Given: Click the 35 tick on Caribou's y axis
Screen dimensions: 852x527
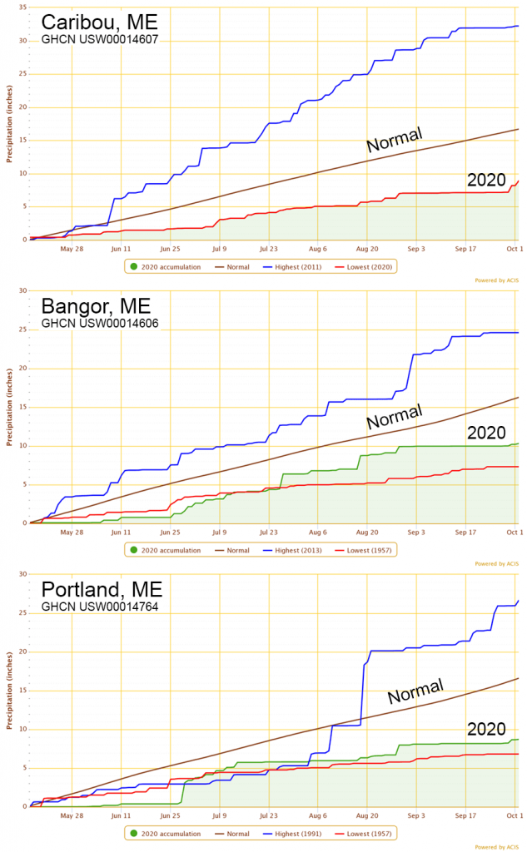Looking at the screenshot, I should pyautogui.click(x=22, y=7).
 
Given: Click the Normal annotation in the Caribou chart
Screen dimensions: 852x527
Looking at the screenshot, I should pyautogui.click(x=395, y=139).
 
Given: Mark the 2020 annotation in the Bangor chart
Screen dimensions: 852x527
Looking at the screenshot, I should pyautogui.click(x=486, y=433).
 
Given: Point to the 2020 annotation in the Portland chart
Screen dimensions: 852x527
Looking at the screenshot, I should pyautogui.click(x=486, y=730).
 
